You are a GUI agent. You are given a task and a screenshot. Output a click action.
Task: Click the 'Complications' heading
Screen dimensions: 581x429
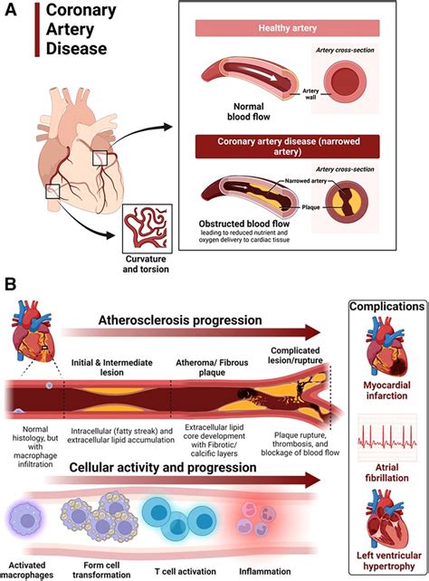pyautogui.click(x=385, y=306)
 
